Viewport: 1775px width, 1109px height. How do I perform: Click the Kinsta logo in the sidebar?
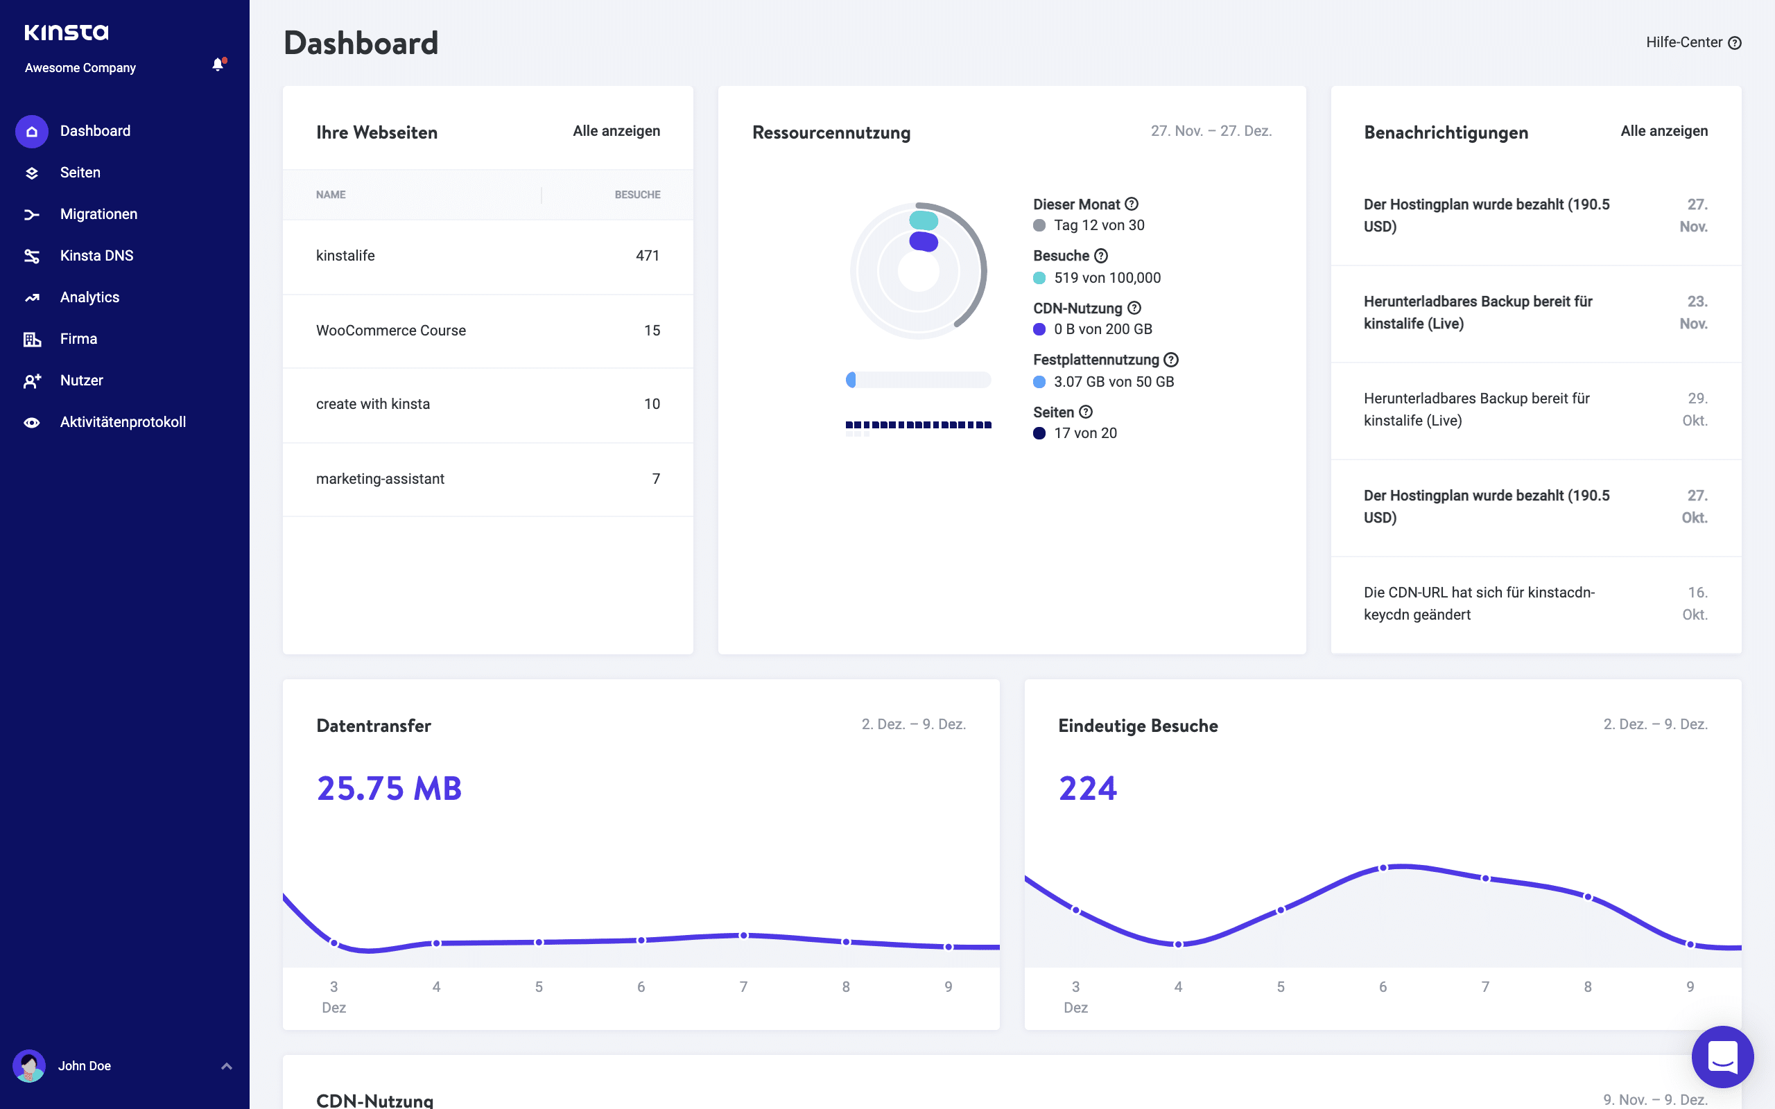pyautogui.click(x=66, y=33)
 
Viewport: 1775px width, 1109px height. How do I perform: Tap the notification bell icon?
pyautogui.click(x=218, y=64)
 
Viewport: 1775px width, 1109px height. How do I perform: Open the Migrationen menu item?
pyautogui.click(x=98, y=214)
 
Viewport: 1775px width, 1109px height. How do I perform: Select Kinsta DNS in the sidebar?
pyautogui.click(x=96, y=256)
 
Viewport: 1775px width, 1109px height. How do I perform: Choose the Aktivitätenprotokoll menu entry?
pyautogui.click(x=123, y=421)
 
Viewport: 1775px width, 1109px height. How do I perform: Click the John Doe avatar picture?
pyautogui.click(x=29, y=1066)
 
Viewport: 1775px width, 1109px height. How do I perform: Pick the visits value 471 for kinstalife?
pyautogui.click(x=647, y=256)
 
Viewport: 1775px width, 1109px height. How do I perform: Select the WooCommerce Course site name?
pyautogui.click(x=391, y=331)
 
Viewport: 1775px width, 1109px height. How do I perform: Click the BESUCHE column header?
pyautogui.click(x=637, y=195)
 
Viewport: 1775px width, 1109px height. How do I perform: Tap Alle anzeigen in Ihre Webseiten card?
pyautogui.click(x=616, y=131)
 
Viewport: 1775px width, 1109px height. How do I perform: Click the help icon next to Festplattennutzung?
pyautogui.click(x=1171, y=360)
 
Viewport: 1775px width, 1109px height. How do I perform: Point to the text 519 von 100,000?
pyautogui.click(x=1107, y=278)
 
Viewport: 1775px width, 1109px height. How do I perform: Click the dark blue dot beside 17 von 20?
pyautogui.click(x=1039, y=433)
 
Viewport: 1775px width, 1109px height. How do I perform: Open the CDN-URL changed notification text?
pyautogui.click(x=1479, y=603)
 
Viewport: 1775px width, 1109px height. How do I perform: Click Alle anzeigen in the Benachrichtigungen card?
pyautogui.click(x=1663, y=131)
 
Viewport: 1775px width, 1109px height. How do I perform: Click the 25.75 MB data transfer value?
pyautogui.click(x=389, y=789)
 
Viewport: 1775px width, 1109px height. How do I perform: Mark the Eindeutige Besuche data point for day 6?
pyautogui.click(x=1383, y=868)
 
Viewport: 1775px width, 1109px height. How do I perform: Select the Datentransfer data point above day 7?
pyautogui.click(x=744, y=936)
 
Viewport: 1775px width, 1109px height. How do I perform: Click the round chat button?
pyautogui.click(x=1722, y=1057)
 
